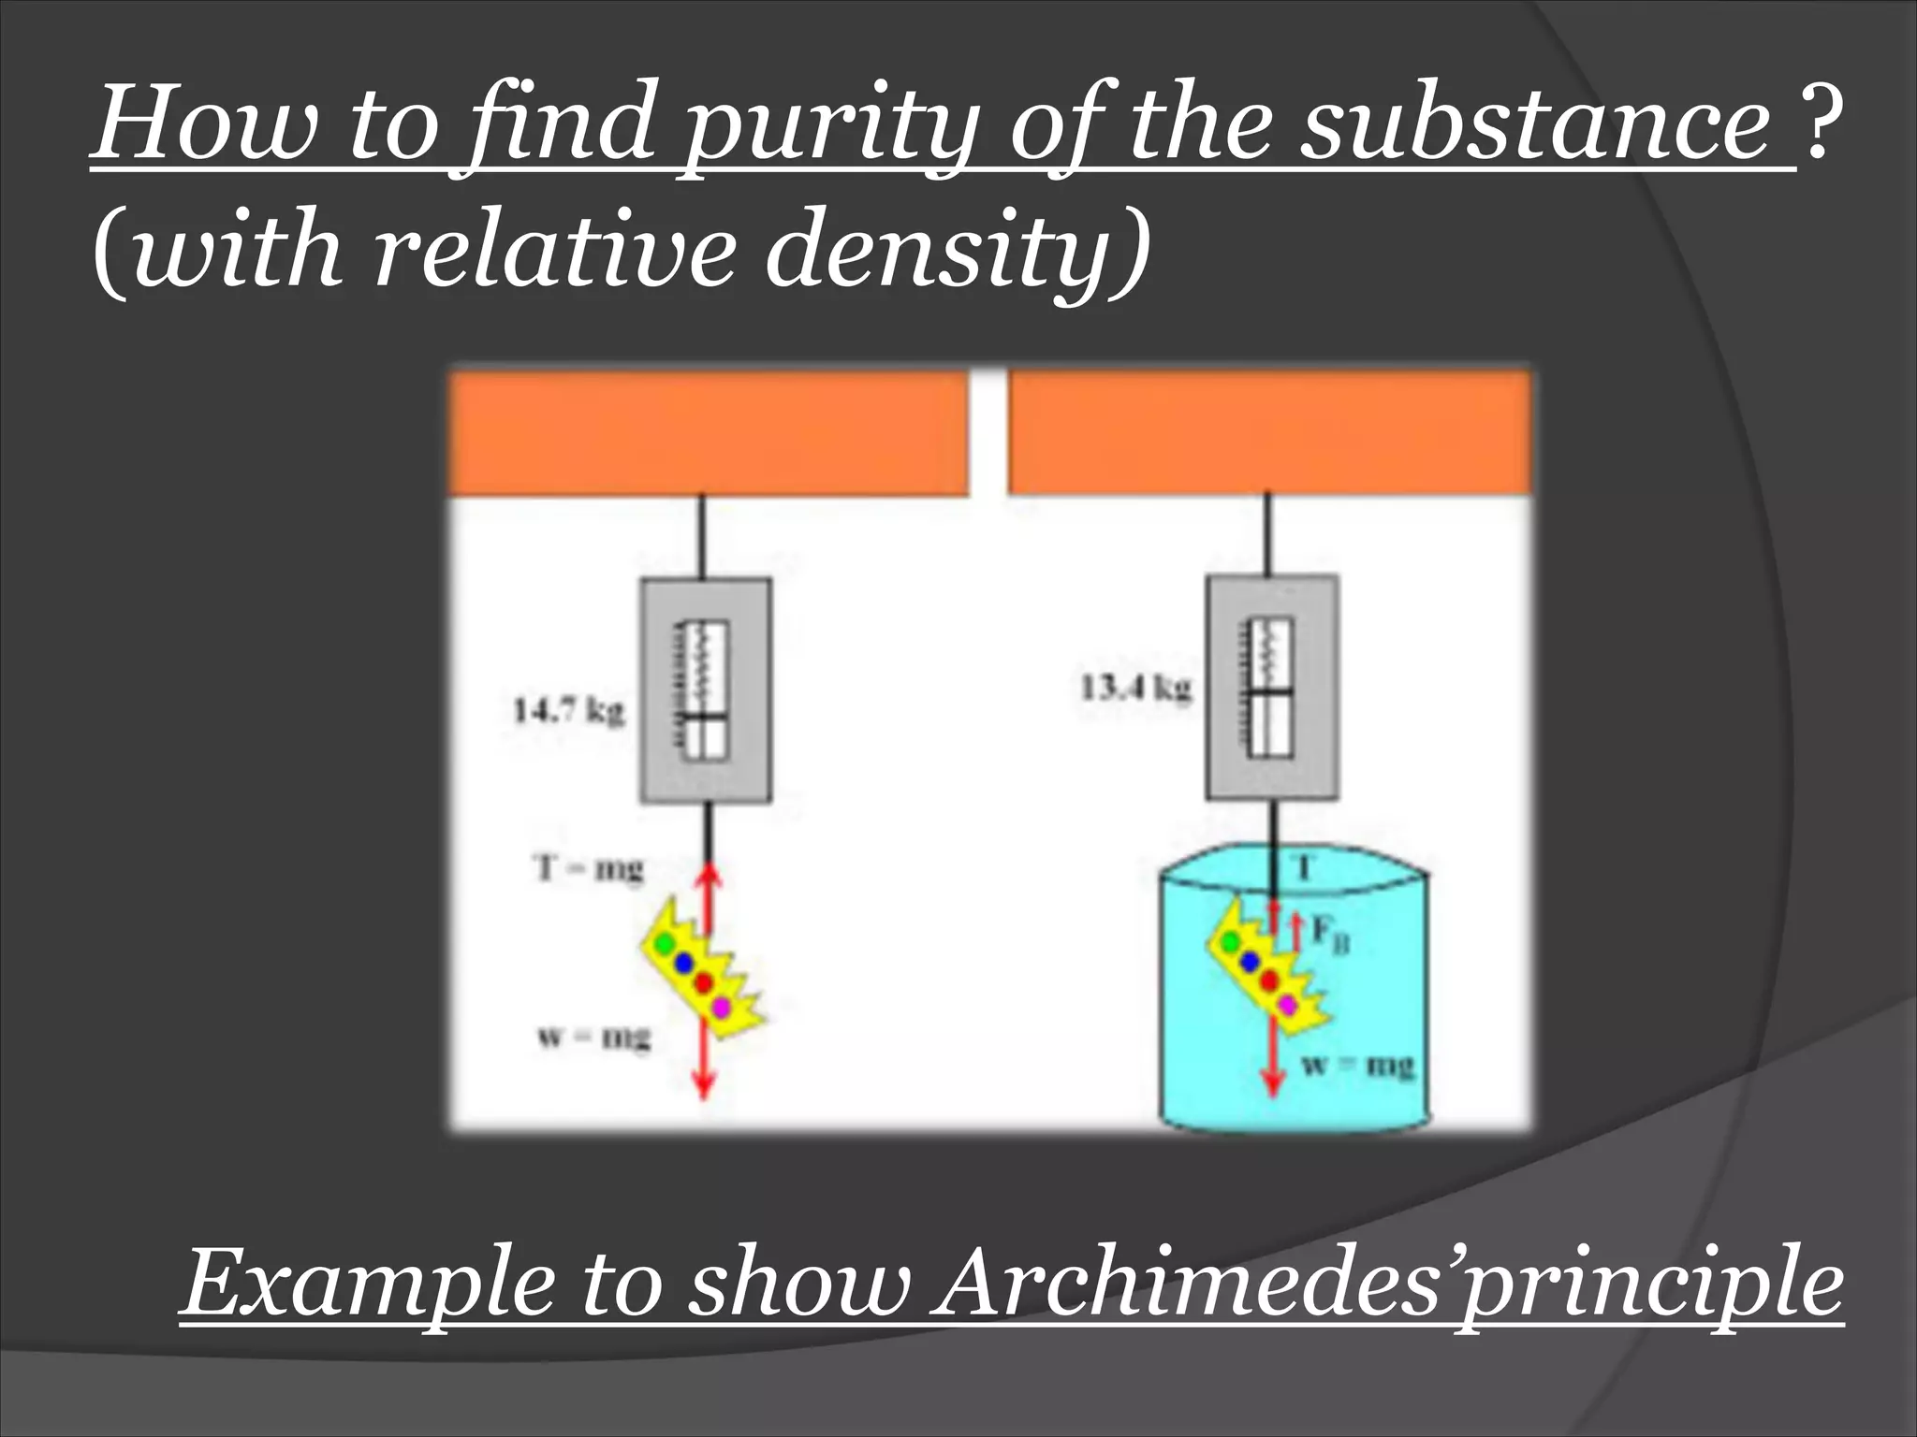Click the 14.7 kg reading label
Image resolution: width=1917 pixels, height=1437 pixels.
click(568, 711)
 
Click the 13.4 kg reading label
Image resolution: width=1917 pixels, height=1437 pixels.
click(1136, 689)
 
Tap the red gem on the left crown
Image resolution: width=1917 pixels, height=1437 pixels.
click(704, 982)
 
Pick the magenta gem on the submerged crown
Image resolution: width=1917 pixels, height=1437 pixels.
click(1288, 1004)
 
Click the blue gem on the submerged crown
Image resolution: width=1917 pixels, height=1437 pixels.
click(1250, 960)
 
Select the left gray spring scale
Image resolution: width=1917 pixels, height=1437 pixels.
click(706, 689)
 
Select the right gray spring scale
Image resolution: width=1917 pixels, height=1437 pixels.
click(1271, 687)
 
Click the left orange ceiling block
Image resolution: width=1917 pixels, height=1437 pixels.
click(709, 432)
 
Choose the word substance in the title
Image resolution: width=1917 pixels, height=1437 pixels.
click(1545, 126)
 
